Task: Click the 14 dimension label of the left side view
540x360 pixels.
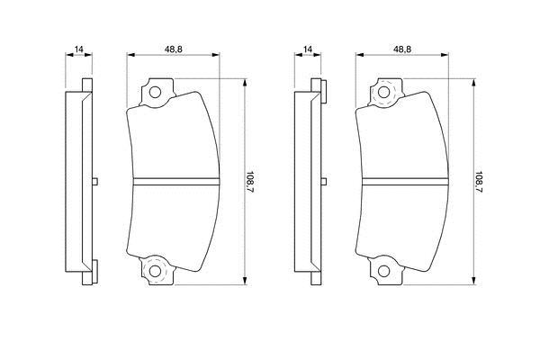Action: pos(79,49)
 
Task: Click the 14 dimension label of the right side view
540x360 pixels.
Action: pos(308,49)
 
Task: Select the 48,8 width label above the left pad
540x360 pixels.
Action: pos(173,49)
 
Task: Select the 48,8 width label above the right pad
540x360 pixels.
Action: pos(402,49)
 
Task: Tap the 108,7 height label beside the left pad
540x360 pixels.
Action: pos(250,182)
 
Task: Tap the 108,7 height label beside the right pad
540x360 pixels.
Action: pos(479,182)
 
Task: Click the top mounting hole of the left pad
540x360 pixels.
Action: pos(155,93)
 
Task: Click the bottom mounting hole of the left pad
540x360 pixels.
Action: pos(155,271)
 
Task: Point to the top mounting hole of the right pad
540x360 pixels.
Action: pos(384,93)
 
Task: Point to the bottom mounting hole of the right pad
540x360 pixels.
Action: pos(384,271)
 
